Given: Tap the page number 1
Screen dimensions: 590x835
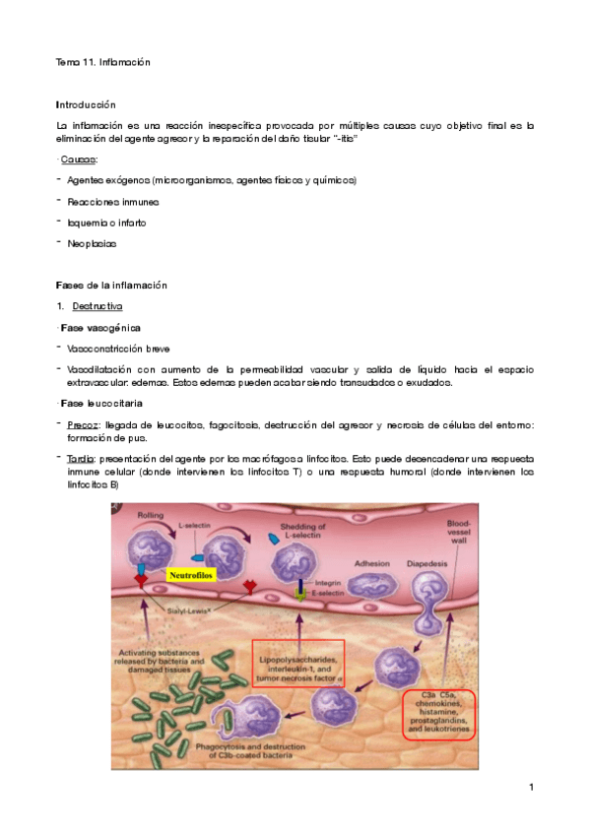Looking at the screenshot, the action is pyautogui.click(x=531, y=788).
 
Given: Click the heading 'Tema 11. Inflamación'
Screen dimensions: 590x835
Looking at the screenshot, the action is pyautogui.click(x=102, y=62).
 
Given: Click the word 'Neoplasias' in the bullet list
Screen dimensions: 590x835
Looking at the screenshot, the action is pyautogui.click(x=92, y=242).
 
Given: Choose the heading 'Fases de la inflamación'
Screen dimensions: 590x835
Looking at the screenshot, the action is pyautogui.click(x=111, y=286).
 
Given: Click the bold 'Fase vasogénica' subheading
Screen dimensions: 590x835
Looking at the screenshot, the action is pyautogui.click(x=100, y=327).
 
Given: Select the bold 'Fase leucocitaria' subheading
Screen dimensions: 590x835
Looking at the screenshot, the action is pyautogui.click(x=102, y=404).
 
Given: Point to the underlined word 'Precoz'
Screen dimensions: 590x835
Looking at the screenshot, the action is pyautogui.click(x=81, y=424).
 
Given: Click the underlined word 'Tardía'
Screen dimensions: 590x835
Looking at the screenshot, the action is pyautogui.click(x=80, y=459).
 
